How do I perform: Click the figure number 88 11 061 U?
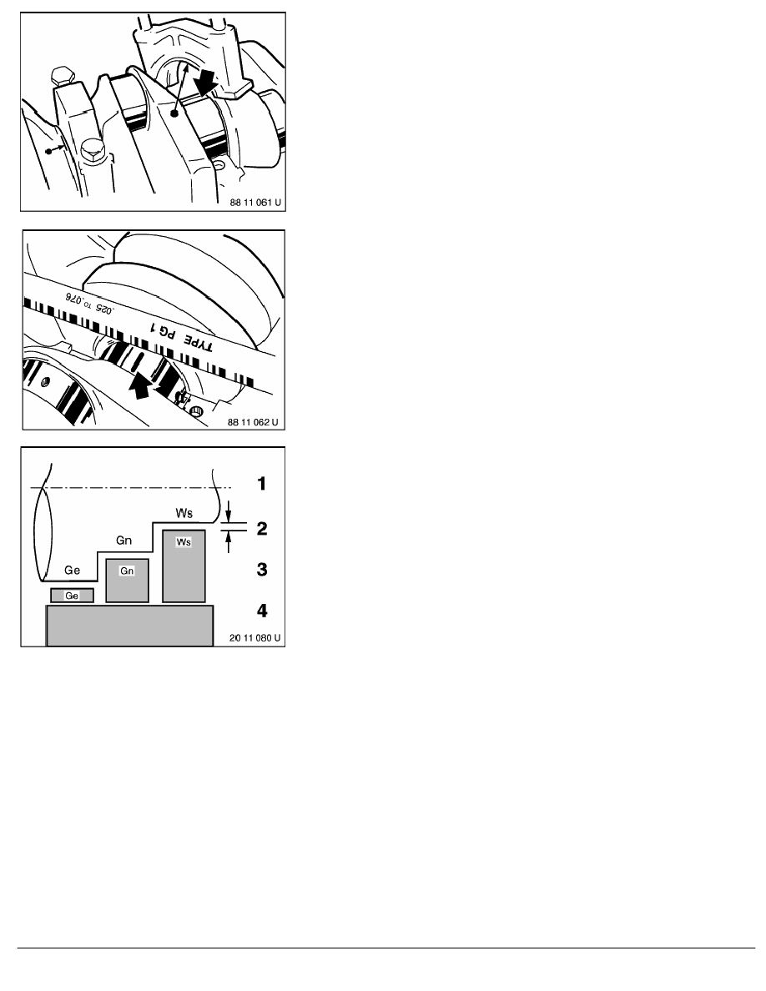[255, 203]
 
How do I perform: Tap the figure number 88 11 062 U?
[253, 422]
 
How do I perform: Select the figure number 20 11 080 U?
[254, 637]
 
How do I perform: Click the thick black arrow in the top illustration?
[206, 82]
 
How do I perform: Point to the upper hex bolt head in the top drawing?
[63, 77]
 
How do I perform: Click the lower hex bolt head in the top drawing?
[93, 151]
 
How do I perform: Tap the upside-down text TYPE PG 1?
[181, 335]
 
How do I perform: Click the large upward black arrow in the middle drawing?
[139, 385]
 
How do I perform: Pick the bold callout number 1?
[262, 484]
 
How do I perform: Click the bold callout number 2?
[262, 528]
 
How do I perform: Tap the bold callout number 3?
[262, 570]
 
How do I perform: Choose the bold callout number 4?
[262, 611]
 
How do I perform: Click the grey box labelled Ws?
[184, 566]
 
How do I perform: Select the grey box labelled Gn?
[127, 581]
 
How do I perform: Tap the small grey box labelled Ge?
[72, 596]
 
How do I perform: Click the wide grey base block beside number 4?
[129, 626]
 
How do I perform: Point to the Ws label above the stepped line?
[184, 513]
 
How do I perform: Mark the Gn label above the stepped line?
[123, 541]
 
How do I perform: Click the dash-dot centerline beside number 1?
[131, 488]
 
